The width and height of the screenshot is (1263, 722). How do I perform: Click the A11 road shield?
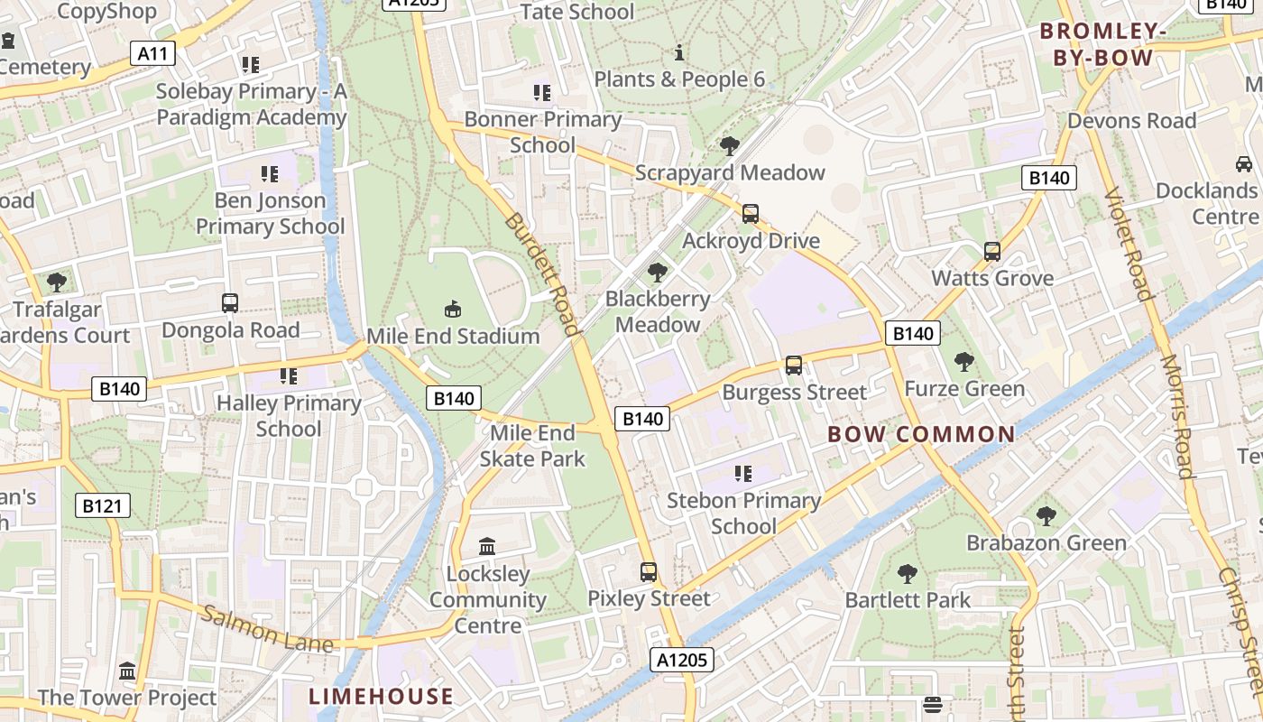(152, 54)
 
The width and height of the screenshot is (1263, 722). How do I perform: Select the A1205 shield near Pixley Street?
(682, 660)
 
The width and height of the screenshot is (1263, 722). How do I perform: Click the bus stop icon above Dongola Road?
(230, 303)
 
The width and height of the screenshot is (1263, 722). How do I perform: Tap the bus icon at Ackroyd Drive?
(751, 214)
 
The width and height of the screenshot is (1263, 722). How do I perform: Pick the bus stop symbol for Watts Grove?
(992, 252)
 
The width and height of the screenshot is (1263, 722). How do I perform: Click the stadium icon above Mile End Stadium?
(453, 310)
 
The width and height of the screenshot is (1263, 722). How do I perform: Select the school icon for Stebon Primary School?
(743, 474)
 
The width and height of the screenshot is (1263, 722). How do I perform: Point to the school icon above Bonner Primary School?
(542, 92)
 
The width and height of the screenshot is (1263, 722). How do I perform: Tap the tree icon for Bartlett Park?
(908, 573)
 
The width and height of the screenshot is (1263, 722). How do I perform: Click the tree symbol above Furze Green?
(964, 362)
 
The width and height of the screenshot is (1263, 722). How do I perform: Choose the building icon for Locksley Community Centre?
(488, 547)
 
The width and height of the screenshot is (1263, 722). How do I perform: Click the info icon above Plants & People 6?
(679, 52)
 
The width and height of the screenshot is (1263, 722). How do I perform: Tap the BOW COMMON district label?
(921, 434)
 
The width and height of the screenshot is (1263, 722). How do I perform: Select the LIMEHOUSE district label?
(381, 696)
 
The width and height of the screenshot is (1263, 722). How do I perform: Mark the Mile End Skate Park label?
(532, 446)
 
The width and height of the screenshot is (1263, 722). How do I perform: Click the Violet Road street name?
(1129, 244)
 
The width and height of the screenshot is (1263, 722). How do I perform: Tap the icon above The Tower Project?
(127, 671)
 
